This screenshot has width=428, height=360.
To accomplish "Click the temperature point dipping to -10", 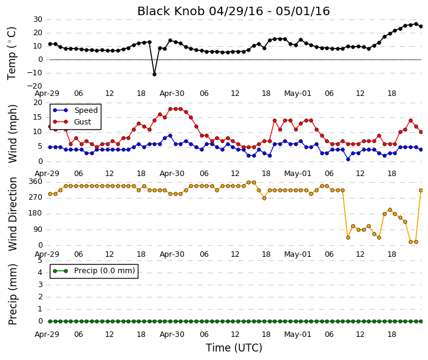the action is pyautogui.click(x=154, y=74).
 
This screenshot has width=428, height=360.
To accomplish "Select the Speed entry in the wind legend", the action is pyautogui.click(x=75, y=110).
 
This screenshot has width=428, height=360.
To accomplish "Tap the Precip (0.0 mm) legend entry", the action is pyautogui.click(x=94, y=271).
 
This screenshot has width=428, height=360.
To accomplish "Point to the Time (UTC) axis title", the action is pyautogui.click(x=234, y=348).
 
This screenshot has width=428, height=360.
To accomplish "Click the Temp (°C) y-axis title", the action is pyautogui.click(x=12, y=53).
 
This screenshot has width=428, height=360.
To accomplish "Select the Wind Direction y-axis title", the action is pyautogui.click(x=13, y=214).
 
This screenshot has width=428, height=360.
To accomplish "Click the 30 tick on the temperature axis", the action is pyautogui.click(x=38, y=19).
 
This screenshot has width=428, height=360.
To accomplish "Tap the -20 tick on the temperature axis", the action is pyautogui.click(x=35, y=86).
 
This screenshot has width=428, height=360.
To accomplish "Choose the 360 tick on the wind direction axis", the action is pyautogui.click(x=36, y=182).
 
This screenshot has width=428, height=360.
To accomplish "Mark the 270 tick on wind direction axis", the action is pyautogui.click(x=36, y=197).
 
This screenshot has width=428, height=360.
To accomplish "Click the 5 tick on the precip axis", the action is pyautogui.click(x=40, y=260).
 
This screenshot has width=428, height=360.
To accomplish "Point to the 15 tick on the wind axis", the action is pyautogui.click(x=38, y=117).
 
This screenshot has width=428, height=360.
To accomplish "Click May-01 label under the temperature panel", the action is pyautogui.click(x=297, y=93).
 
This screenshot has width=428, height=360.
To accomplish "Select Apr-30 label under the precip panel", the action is pyautogui.click(x=172, y=335).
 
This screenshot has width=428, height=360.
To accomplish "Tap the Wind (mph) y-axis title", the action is pyautogui.click(x=13, y=134).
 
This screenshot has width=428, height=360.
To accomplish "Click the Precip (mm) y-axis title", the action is pyautogui.click(x=13, y=294).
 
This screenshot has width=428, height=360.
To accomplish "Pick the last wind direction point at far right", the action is pyautogui.click(x=421, y=190).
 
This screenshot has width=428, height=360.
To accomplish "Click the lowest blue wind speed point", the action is pyautogui.click(x=348, y=159).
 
